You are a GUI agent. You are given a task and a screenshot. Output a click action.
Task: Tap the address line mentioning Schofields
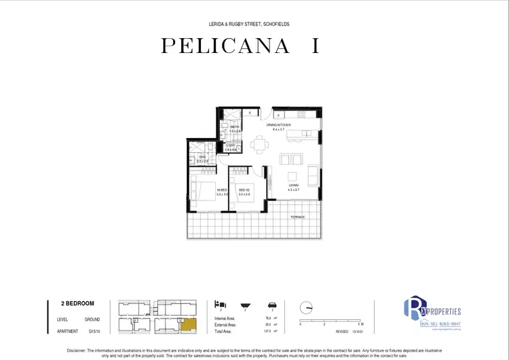(254, 24)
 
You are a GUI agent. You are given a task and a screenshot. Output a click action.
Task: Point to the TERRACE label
(297, 217)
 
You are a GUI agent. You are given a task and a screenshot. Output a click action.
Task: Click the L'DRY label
(230, 145)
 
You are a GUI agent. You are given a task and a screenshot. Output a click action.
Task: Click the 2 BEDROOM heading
(78, 304)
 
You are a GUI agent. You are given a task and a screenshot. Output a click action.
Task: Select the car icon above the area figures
(271, 304)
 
